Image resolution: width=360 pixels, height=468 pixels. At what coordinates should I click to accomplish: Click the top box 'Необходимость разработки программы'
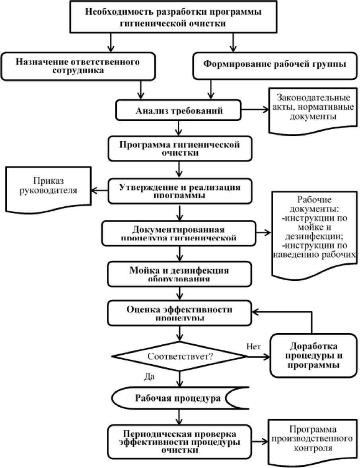pos(174,17)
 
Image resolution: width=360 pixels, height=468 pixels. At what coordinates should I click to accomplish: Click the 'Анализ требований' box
pos(179,111)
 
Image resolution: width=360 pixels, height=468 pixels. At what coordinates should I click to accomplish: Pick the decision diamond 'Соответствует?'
pos(180,356)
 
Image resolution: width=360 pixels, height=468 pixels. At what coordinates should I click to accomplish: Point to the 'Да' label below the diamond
pos(150,376)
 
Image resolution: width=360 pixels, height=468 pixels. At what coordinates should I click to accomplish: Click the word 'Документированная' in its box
pos(179,230)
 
